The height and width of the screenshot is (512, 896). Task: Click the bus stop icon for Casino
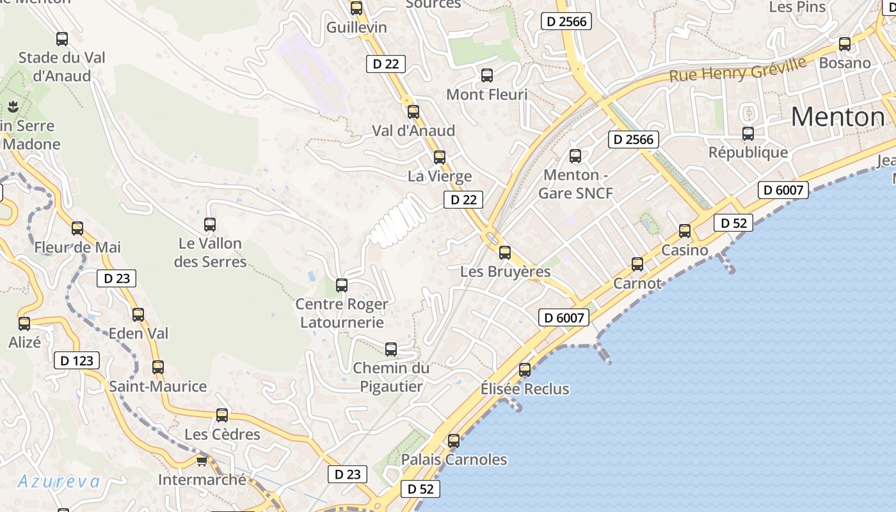[685, 231]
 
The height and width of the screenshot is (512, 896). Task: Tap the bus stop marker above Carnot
[637, 264]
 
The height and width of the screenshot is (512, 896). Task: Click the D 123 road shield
[77, 360]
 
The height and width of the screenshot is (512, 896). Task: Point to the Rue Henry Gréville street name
[737, 70]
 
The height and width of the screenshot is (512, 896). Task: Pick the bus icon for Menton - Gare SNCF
[575, 156]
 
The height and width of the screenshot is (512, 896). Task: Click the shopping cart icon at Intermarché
[202, 461]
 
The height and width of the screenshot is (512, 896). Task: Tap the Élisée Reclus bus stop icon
[525, 369]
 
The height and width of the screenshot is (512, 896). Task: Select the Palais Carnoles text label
[454, 460]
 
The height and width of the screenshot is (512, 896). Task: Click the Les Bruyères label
[505, 271]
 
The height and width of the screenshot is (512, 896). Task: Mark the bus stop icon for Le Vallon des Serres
[210, 224]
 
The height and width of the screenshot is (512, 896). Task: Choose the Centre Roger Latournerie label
[342, 313]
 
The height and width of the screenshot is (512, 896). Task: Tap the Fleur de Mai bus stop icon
[77, 228]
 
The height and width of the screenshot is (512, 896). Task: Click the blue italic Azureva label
[59, 482]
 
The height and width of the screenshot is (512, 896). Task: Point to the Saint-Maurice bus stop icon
[158, 367]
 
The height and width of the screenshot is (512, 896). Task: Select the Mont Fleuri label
[486, 95]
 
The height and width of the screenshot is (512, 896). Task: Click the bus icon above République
[748, 134]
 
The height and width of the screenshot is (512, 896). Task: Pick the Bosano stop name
[845, 63]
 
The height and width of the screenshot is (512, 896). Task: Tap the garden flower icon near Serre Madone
[12, 106]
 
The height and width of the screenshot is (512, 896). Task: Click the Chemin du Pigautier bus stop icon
[391, 349]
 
